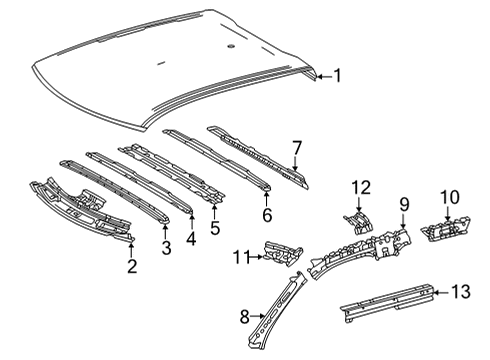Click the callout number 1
tap(338, 74)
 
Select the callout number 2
tap(130, 265)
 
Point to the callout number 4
tap(191, 236)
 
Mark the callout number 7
tap(296, 147)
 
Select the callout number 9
tap(404, 205)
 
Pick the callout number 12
tap(359, 186)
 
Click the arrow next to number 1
tap(322, 74)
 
